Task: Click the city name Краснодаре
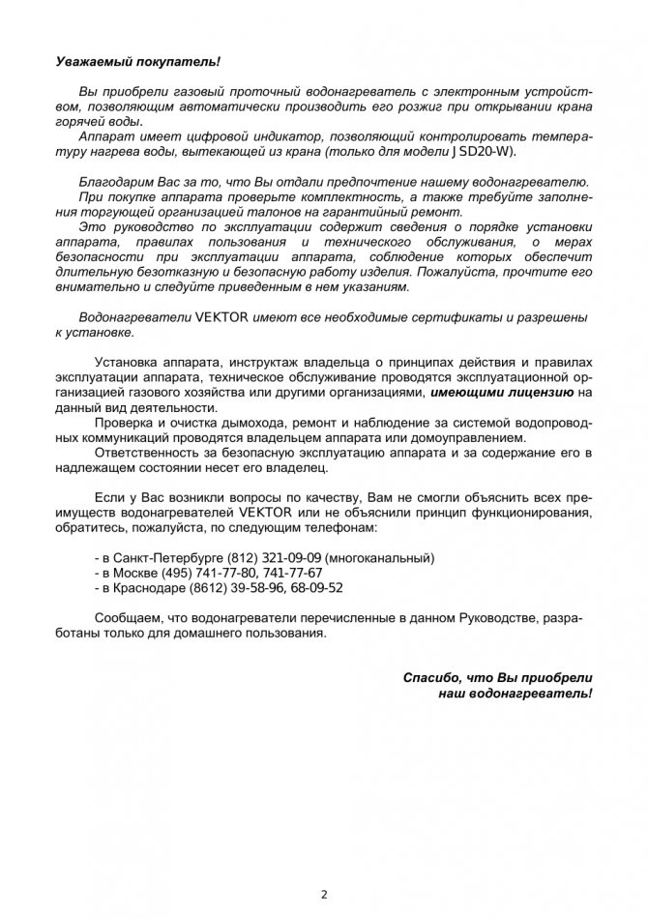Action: click(x=153, y=587)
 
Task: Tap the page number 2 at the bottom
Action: click(x=324, y=894)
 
